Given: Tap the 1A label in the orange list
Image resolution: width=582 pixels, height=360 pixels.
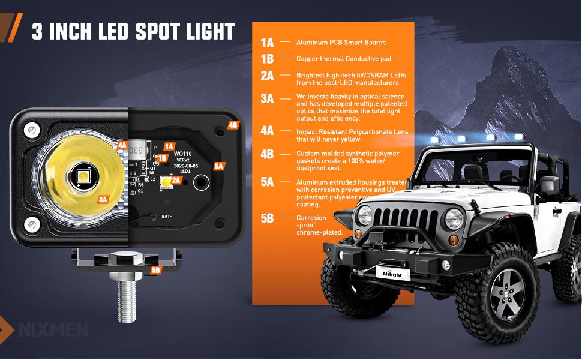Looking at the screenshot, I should click(267, 43).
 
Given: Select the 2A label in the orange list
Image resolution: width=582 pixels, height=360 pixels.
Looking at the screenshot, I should click(267, 76).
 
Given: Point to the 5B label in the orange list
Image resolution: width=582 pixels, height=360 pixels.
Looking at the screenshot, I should click(267, 218).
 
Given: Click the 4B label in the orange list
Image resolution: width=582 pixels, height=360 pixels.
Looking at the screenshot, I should click(267, 154).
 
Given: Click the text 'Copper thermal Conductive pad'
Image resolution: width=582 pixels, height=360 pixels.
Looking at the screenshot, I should click(344, 59).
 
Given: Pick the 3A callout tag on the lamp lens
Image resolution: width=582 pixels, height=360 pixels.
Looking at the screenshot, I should click(103, 199).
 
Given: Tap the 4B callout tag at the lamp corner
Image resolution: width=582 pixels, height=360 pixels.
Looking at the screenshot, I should click(233, 125).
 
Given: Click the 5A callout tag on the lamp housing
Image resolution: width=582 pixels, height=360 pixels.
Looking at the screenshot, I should click(218, 166).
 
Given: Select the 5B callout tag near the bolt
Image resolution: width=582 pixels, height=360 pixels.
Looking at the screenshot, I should click(156, 270).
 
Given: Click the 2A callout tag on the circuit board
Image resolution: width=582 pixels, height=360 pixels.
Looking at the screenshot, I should click(176, 179).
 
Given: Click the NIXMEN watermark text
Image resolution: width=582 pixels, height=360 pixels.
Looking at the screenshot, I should click(53, 330).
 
